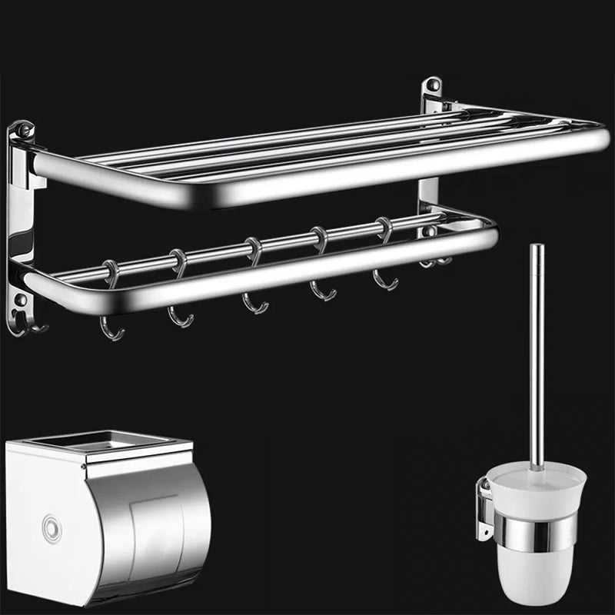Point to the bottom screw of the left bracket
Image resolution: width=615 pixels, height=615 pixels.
(x=21, y=300)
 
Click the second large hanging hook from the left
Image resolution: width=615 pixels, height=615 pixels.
(x=181, y=311)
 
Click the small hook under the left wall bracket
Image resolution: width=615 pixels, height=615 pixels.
(x=35, y=327)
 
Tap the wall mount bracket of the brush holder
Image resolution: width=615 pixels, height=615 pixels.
(x=484, y=507)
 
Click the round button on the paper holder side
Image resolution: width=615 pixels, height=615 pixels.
(x=52, y=528)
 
